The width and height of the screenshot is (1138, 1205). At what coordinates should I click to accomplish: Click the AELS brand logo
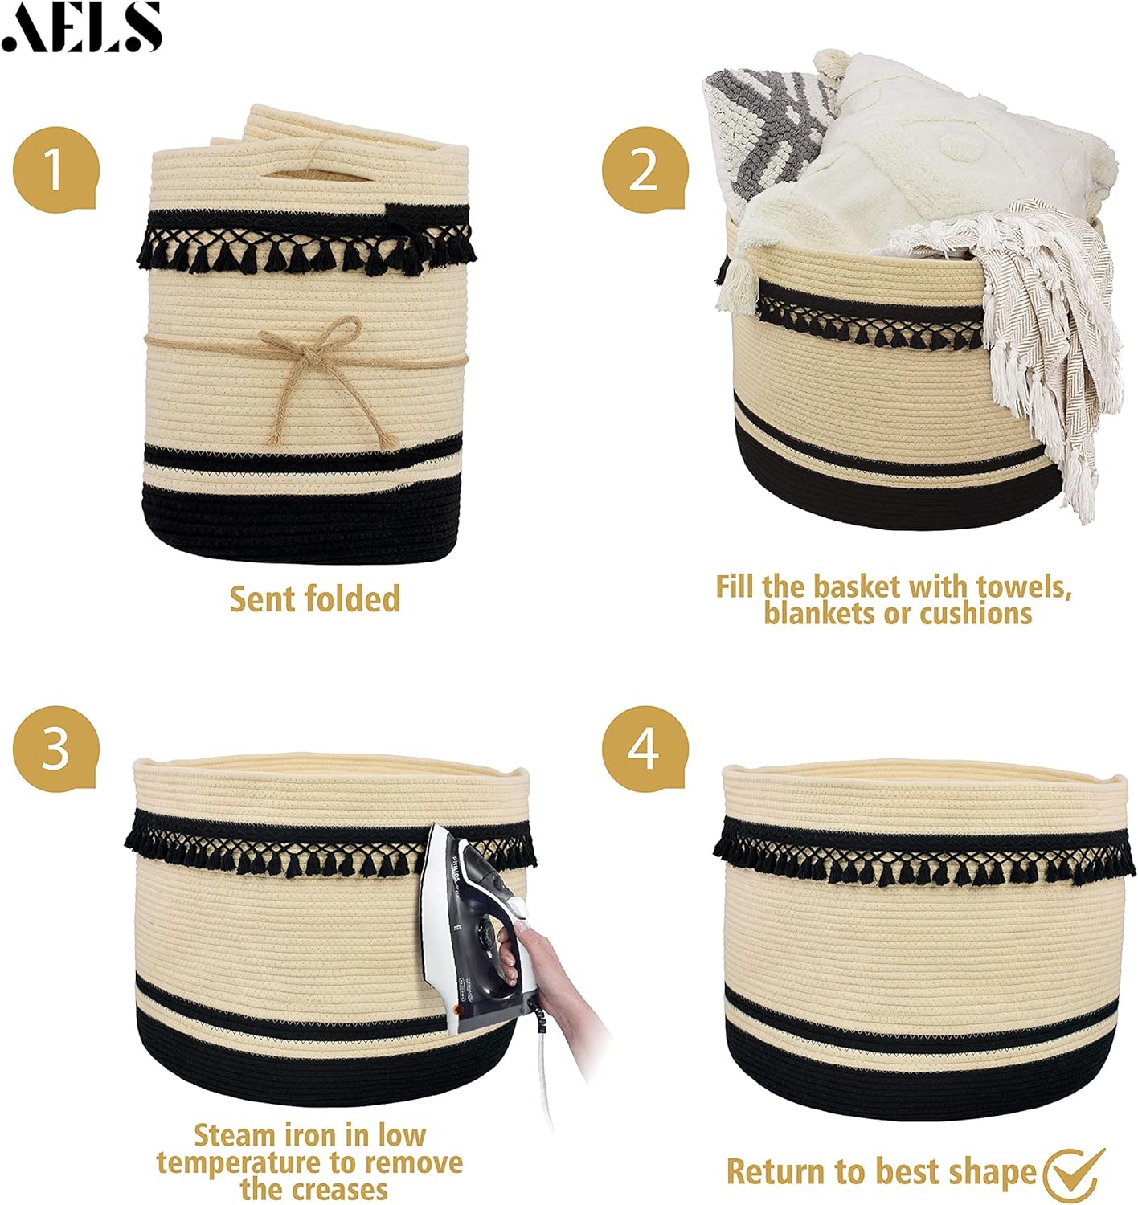click(81, 27)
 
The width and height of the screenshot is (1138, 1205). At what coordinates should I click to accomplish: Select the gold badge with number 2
click(645, 170)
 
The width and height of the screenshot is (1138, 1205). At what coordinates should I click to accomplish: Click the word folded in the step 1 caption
click(353, 598)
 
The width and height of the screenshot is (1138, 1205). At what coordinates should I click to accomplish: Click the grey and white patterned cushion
click(765, 133)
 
